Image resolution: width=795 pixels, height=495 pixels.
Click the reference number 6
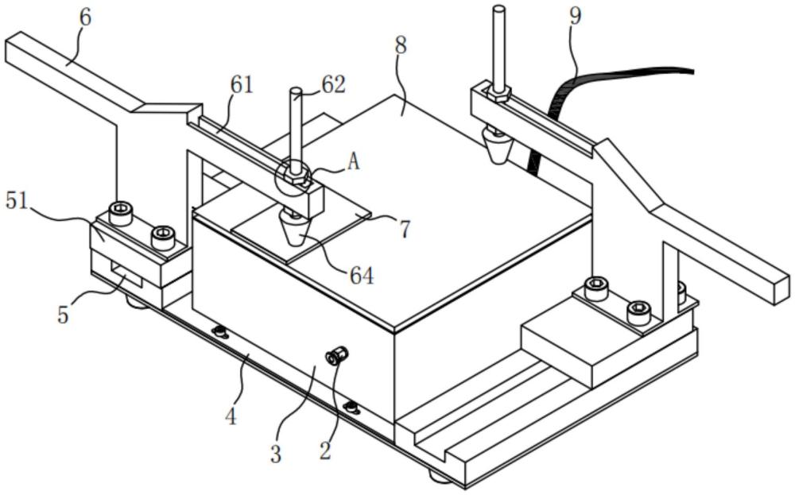click(85, 17)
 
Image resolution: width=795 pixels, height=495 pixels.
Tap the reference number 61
click(241, 84)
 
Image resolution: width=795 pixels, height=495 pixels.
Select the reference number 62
click(333, 84)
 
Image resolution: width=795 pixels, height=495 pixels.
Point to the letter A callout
click(353, 162)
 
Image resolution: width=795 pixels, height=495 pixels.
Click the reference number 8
click(401, 46)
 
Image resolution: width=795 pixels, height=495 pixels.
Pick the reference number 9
click(575, 16)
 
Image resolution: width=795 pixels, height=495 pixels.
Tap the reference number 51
click(17, 201)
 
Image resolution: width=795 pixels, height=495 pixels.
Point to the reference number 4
click(231, 416)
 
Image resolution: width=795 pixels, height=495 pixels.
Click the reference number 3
click(275, 454)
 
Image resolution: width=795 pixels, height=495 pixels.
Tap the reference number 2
click(325, 450)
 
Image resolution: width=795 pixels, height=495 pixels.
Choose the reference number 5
click(63, 315)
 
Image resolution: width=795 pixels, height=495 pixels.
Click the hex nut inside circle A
click(296, 176)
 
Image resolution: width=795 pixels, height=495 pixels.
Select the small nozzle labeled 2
click(336, 355)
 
